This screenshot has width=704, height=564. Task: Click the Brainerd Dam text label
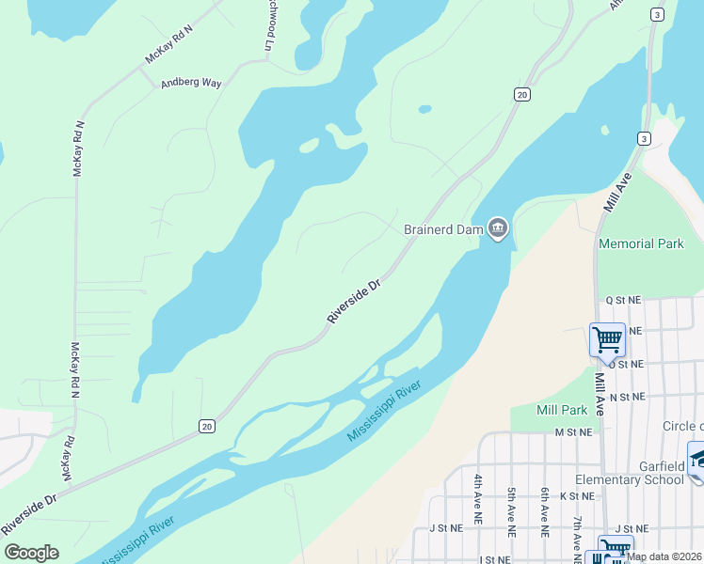pyautogui.click(x=442, y=228)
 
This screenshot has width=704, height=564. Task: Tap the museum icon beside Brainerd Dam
pyautogui.click(x=497, y=228)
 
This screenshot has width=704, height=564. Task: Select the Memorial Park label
pyautogui.click(x=641, y=243)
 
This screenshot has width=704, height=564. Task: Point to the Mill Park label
pyautogui.click(x=561, y=409)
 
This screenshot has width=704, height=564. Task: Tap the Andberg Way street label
pyautogui.click(x=191, y=83)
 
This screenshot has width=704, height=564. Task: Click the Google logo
pyautogui.click(x=31, y=553)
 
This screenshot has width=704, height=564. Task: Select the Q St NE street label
pyautogui.click(x=623, y=300)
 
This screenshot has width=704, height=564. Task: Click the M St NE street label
pyautogui.click(x=573, y=432)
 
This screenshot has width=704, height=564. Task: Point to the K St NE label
pyautogui.click(x=577, y=495)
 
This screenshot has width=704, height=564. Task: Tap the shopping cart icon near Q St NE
pyautogui.click(x=607, y=338)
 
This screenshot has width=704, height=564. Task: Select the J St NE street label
pyautogui.click(x=447, y=528)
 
